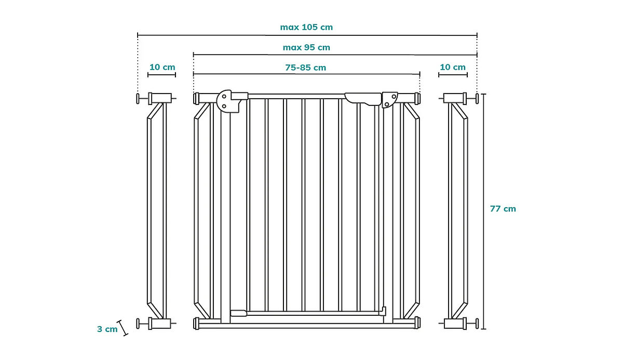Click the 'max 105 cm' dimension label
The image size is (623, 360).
306,27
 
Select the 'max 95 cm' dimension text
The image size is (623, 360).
306,47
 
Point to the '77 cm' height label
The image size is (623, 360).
503,209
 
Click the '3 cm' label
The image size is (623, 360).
107,329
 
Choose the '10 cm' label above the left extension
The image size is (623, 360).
162,67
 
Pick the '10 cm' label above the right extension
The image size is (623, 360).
452,67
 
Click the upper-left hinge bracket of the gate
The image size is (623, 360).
227,100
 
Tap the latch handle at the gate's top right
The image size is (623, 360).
363,98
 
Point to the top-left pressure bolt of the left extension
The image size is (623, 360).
139,98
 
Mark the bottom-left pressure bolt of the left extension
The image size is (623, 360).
139,324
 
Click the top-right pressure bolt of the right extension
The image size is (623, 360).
476,98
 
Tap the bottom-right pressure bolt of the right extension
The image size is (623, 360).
476,324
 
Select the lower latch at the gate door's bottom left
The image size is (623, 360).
238,313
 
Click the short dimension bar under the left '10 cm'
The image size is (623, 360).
161,75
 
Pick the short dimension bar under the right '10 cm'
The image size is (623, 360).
452,75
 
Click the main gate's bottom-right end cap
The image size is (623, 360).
417,323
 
